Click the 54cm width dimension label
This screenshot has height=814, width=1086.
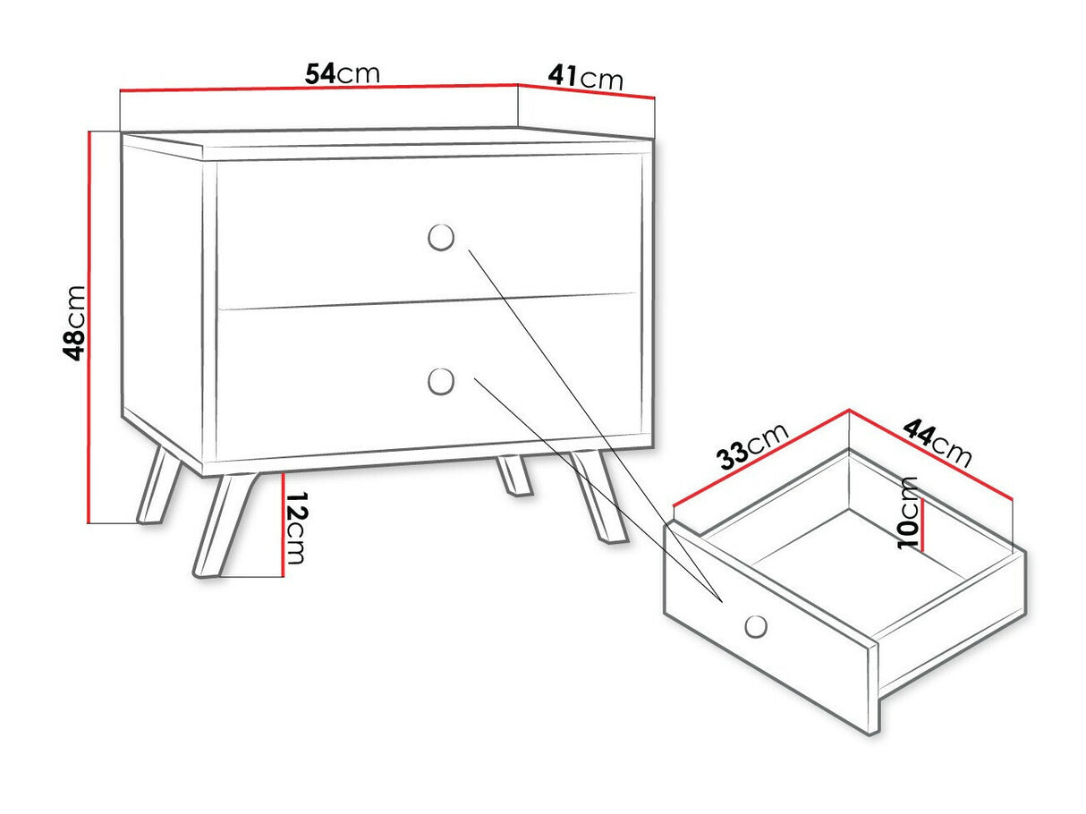coord(343,73)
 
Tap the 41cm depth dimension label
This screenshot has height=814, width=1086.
coord(585,78)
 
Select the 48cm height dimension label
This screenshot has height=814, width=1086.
coord(74,324)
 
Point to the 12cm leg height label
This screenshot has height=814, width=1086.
coord(296,528)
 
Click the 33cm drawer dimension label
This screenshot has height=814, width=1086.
coord(753,446)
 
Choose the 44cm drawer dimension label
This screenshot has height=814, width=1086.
coord(938,444)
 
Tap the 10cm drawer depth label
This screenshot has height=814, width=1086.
coord(908,513)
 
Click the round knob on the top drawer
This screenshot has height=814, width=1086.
coord(441,237)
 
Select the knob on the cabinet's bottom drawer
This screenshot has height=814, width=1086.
coord(441,381)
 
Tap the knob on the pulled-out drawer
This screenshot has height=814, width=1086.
coord(756,626)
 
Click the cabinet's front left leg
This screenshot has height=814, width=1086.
coord(225,525)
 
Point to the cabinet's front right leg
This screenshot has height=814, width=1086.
coord(598,496)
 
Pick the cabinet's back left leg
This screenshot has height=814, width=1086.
coord(159,484)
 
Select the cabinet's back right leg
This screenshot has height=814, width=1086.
coord(514,475)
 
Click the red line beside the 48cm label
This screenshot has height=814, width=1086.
coord(89,326)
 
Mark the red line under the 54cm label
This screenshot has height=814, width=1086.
coord(319,87)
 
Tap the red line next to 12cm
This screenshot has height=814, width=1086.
coord(283,525)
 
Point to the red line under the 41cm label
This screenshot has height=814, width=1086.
coord(586,91)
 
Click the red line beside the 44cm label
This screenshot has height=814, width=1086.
coord(931,455)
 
